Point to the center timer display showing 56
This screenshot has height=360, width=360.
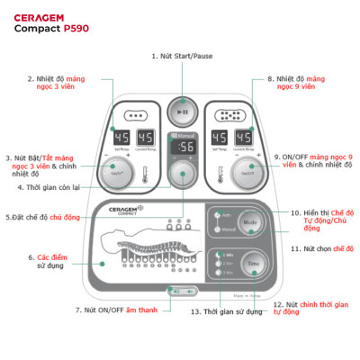pyautogui.click(x=184, y=148)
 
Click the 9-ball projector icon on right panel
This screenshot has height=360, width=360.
pyautogui.click(x=229, y=116)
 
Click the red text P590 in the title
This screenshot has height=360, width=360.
pyautogui.click(x=75, y=28)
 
